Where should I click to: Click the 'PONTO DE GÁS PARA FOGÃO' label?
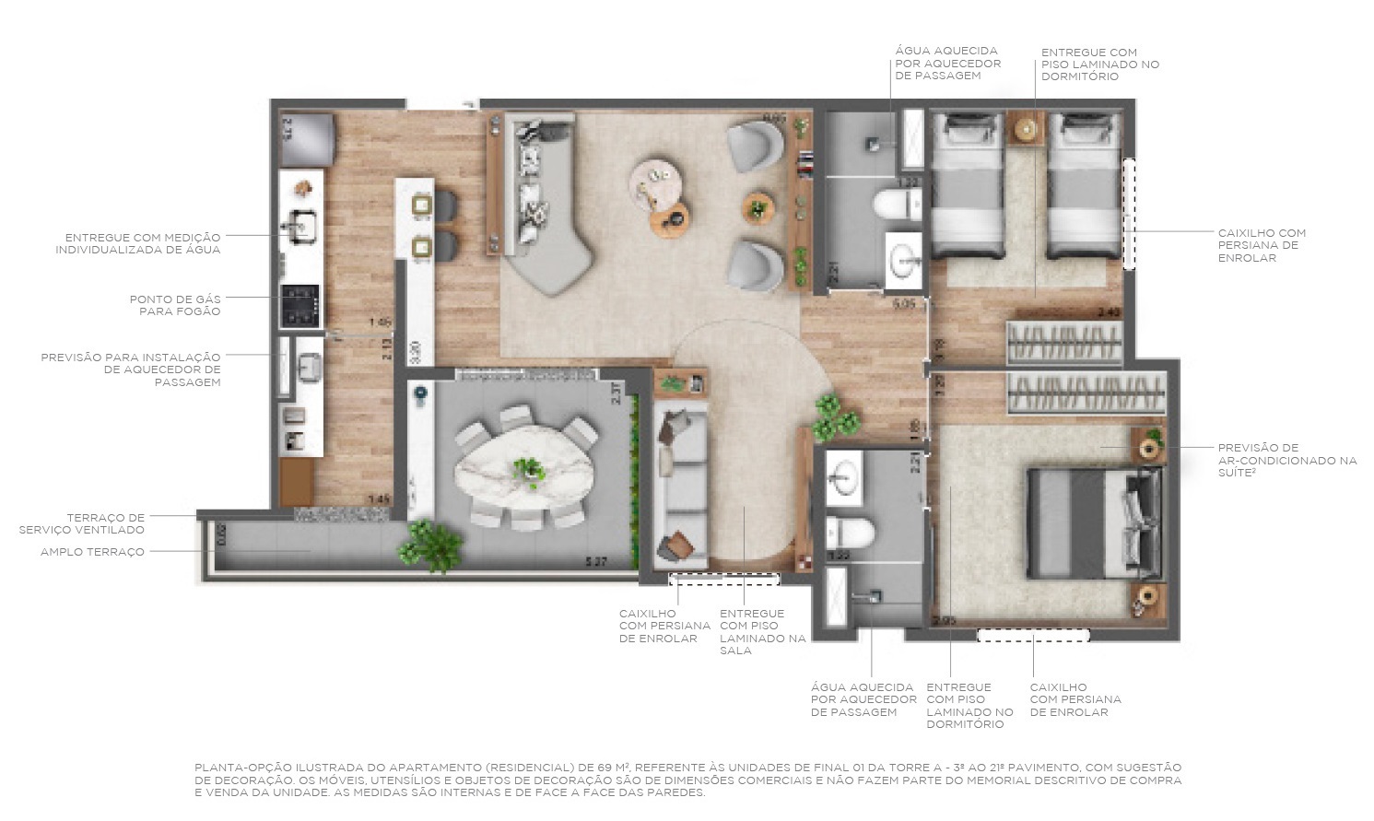(x=174, y=305)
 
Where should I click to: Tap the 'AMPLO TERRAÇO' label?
(x=92, y=552)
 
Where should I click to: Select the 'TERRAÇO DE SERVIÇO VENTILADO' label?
(x=82, y=523)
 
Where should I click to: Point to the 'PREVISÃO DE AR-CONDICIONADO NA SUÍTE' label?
(x=1286, y=460)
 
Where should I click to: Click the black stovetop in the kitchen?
(x=299, y=306)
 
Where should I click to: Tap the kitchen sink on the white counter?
(x=300, y=224)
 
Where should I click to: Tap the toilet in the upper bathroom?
(x=895, y=205)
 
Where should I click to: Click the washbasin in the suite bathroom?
(x=844, y=475)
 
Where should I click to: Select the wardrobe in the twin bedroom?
(x=1063, y=343)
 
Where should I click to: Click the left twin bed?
(x=967, y=184)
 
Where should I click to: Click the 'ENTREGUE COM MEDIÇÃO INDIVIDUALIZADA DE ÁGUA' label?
(x=137, y=243)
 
